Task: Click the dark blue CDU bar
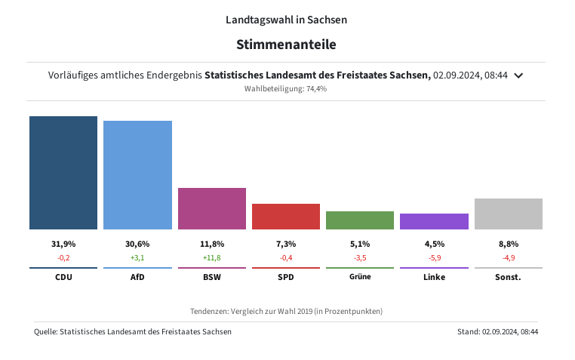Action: click(x=63, y=173)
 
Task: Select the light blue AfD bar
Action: click(x=137, y=175)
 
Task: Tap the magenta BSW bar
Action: click(x=212, y=208)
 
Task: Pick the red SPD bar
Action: click(x=286, y=217)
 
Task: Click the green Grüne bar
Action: click(x=360, y=220)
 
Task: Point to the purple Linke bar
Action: click(x=434, y=221)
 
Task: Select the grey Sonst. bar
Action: click(x=509, y=214)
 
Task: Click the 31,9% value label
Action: click(x=63, y=244)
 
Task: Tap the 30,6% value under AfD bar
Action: click(x=137, y=244)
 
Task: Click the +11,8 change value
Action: click(x=212, y=257)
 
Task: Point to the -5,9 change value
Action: click(x=434, y=257)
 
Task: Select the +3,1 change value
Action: click(x=137, y=257)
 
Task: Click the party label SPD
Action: click(x=286, y=277)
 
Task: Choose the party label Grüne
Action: click(x=360, y=277)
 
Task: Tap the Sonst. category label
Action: click(x=509, y=277)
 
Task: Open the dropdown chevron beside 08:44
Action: click(x=518, y=75)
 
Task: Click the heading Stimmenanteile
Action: click(x=286, y=45)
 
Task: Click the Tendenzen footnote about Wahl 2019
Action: click(x=286, y=311)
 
